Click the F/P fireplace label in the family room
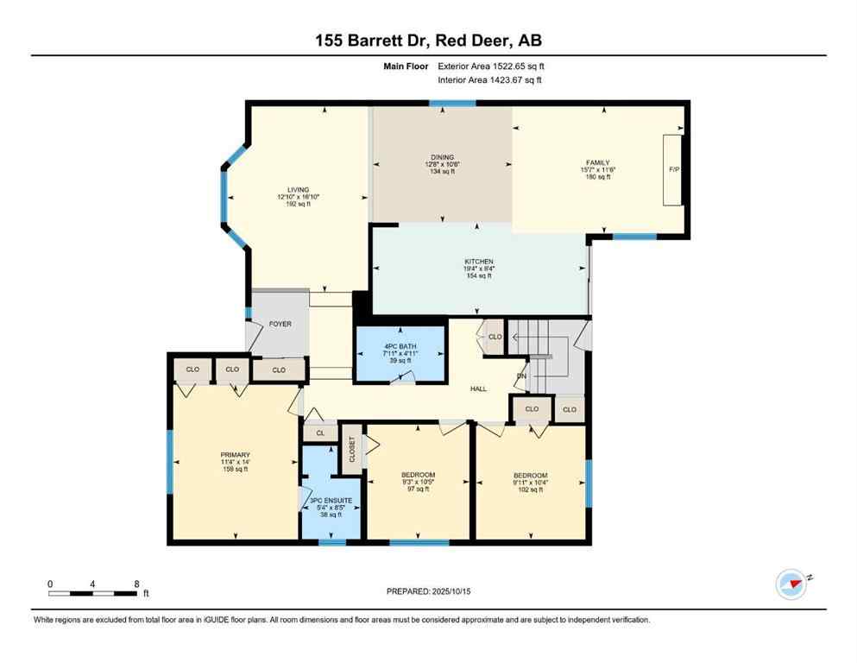(x=674, y=170)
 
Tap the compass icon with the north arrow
(x=791, y=584)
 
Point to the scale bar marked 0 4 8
(x=93, y=593)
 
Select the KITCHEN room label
(x=479, y=261)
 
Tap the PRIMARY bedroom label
(x=235, y=455)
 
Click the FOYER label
(x=280, y=324)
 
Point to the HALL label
(x=478, y=388)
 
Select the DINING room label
(x=443, y=157)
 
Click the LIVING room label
(x=298, y=190)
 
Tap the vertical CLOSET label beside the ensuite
(x=352, y=449)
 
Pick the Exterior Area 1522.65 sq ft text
(x=489, y=66)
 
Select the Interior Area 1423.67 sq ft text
(x=489, y=80)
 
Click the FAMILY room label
(x=598, y=162)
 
